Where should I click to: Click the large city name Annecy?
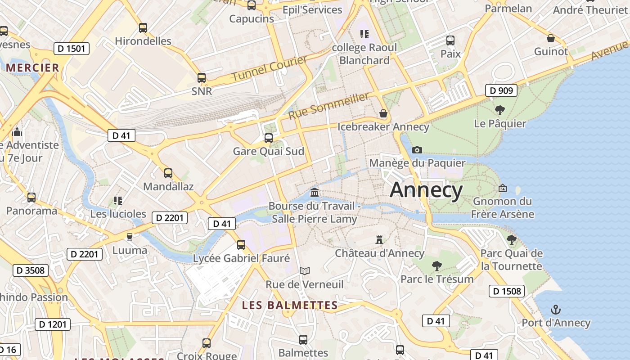[x=426, y=190]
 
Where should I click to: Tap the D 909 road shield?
[x=501, y=90]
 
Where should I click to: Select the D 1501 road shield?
[x=71, y=48]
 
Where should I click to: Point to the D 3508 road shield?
[x=31, y=270]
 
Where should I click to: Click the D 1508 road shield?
[x=507, y=291]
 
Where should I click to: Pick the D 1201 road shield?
[x=53, y=324]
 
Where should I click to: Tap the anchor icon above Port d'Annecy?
[x=556, y=310]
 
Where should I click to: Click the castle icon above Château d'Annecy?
[x=379, y=240]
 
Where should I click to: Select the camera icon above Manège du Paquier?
[x=417, y=150]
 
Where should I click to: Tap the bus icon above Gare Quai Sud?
[x=269, y=138]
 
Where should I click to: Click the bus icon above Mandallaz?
[x=168, y=173]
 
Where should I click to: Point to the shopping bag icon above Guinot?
[x=551, y=38]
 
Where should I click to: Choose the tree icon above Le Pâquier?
[x=499, y=110]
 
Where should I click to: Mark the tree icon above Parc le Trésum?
[x=436, y=265]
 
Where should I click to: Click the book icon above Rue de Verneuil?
[x=305, y=271]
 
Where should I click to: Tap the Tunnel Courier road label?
[x=269, y=68]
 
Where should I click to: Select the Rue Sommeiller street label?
[x=329, y=106]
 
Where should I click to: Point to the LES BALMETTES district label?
[x=290, y=305]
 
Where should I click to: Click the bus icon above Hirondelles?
[x=143, y=28]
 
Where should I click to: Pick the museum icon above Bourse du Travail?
[x=315, y=193]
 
